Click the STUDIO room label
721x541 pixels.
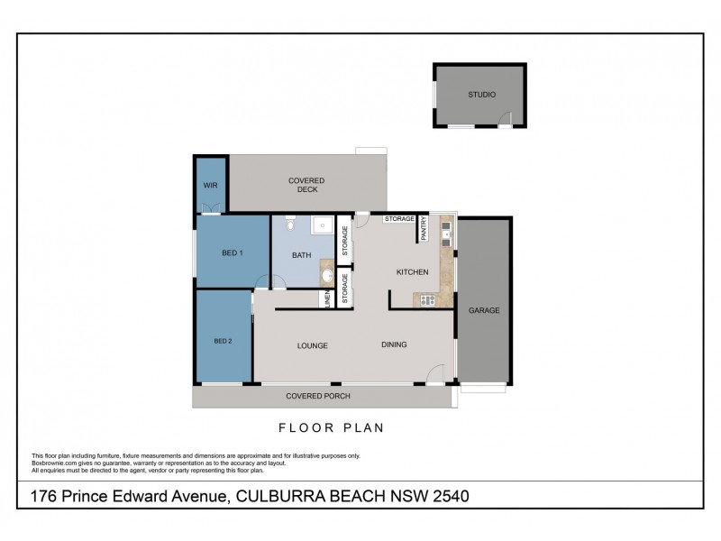pyautogui.click(x=481, y=95)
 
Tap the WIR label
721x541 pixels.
pyautogui.click(x=211, y=185)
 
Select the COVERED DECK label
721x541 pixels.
pyautogui.click(x=306, y=185)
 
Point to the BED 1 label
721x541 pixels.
pyautogui.click(x=232, y=253)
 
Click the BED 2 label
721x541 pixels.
pyautogui.click(x=223, y=342)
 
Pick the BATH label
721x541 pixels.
pyautogui.click(x=302, y=255)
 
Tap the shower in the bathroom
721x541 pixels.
pyautogui.click(x=322, y=226)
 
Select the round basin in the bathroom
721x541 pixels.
pyautogui.click(x=326, y=275)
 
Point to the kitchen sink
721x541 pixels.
pyautogui.click(x=445, y=238)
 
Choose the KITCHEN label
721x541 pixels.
pyautogui.click(x=411, y=272)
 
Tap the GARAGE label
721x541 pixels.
pyautogui.click(x=483, y=311)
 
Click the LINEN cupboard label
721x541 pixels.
pyautogui.click(x=325, y=299)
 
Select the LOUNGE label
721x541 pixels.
pyautogui.click(x=312, y=345)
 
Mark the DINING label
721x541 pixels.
pyautogui.click(x=394, y=344)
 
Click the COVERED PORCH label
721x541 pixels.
pyautogui.click(x=317, y=396)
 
